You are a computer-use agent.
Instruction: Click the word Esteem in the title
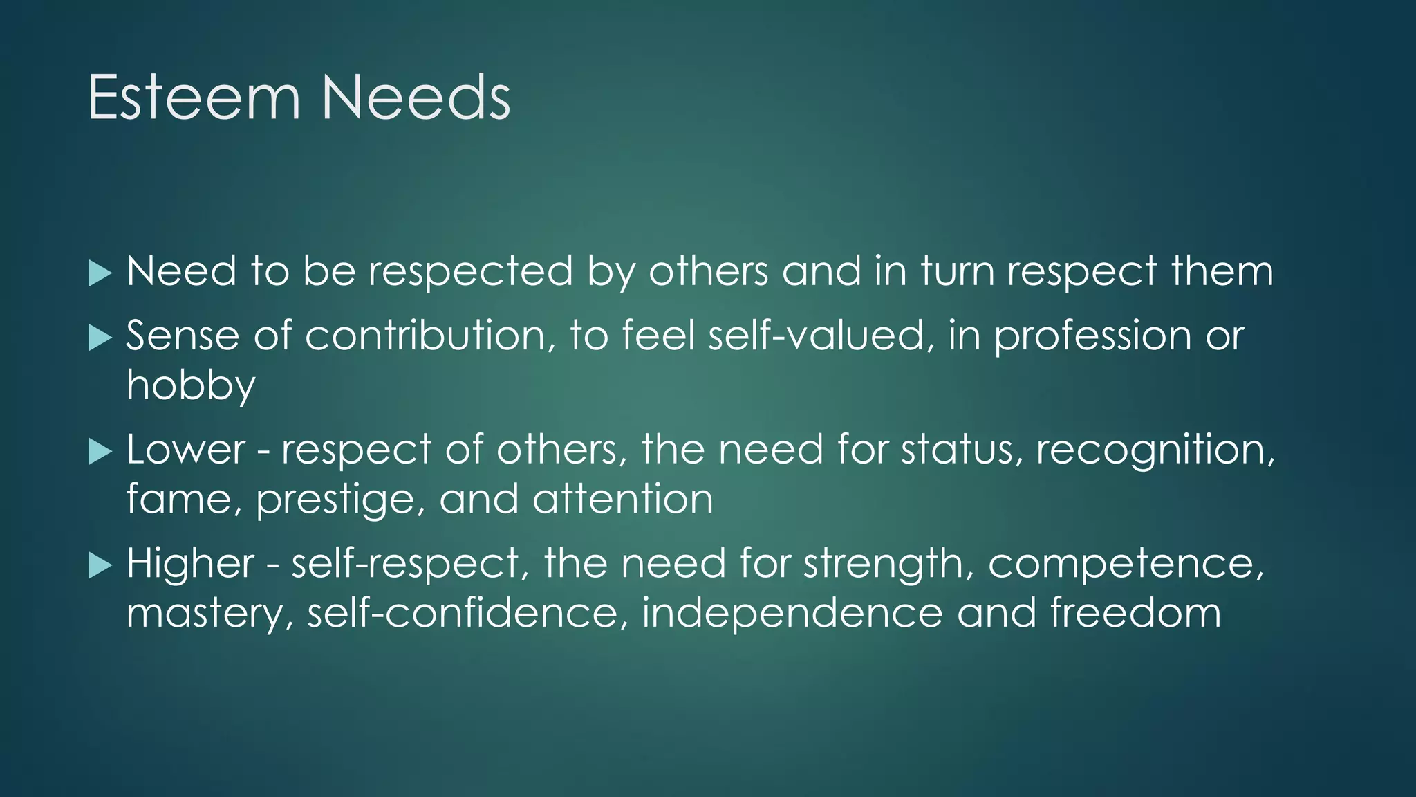(194, 98)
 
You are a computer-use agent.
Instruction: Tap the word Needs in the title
(416, 98)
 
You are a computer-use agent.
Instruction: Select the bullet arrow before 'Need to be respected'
(100, 273)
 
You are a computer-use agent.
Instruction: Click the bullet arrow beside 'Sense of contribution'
(100, 338)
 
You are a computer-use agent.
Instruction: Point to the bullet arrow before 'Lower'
(100, 452)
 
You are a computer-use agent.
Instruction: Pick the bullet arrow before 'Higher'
(100, 567)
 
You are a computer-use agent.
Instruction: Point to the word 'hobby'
(191, 386)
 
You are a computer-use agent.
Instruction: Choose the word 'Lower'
(186, 450)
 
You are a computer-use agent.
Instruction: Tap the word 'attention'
(622, 500)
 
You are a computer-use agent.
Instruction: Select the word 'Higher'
(191, 565)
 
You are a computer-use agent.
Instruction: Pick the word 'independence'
(792, 614)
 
